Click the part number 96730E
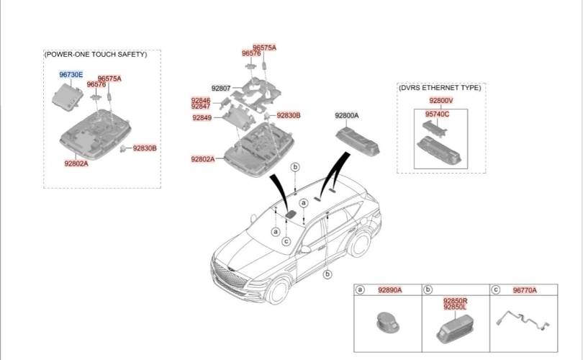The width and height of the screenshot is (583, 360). [71, 75]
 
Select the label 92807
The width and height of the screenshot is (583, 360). [221, 88]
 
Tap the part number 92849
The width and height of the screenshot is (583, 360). [202, 118]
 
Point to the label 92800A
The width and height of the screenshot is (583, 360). [346, 116]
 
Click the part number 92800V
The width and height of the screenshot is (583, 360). [441, 100]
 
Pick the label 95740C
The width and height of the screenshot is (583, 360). [437, 114]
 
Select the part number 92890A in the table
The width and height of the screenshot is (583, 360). [389, 290]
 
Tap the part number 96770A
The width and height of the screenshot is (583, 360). [525, 290]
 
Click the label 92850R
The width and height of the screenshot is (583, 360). [455, 300]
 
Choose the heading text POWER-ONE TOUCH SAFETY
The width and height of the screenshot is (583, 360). [96, 54]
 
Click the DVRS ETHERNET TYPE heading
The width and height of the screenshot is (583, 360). [440, 88]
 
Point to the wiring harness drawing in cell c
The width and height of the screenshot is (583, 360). [523, 320]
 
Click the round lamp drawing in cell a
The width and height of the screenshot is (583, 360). [388, 322]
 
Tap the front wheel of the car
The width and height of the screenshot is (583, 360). [278, 291]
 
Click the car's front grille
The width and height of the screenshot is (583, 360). [231, 278]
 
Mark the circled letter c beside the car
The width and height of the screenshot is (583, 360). [286, 241]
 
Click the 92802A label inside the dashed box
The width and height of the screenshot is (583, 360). [76, 163]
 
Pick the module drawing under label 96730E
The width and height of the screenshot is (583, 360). [68, 96]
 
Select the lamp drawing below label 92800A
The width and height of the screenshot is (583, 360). [358, 140]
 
